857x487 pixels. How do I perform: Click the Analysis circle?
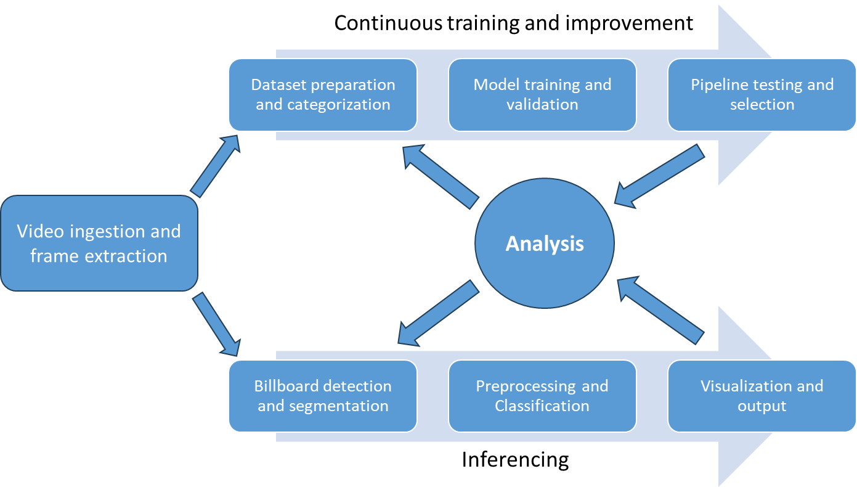pos(545,243)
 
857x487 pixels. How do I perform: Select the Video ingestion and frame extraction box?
pos(99,243)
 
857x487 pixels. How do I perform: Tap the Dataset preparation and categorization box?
pos(323,94)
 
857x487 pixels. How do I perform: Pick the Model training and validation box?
pos(542,94)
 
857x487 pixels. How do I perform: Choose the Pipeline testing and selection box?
pos(762,94)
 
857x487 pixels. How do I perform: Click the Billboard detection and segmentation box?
pos(323,396)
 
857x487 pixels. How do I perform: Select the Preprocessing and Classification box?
pos(542,396)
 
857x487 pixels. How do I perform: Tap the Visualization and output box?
pos(762,396)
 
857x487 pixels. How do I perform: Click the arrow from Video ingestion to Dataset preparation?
pos(216,166)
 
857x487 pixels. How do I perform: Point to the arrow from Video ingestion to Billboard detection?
pos(216,324)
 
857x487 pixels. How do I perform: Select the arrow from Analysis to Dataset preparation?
pos(441,176)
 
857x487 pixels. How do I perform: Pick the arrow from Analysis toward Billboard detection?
pos(439,313)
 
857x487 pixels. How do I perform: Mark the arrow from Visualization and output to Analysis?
pos(660,310)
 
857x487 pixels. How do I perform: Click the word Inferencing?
pos(515,460)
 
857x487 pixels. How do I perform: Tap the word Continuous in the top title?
pos(388,23)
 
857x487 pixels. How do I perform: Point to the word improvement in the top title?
pos(629,24)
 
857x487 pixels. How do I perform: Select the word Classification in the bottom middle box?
pos(542,406)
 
